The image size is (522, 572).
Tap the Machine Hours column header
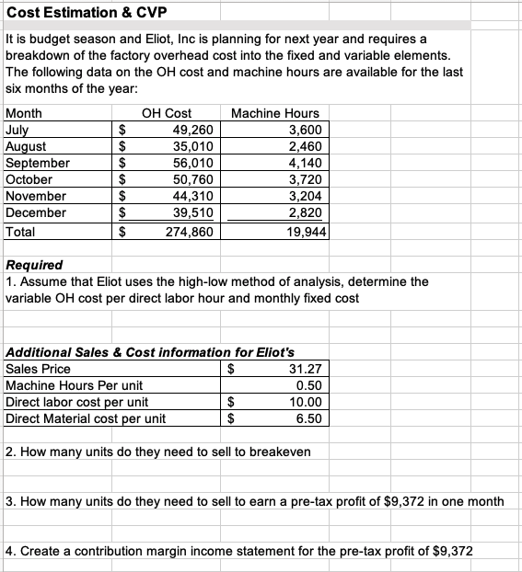tap(275, 113)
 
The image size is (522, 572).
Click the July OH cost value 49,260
tap(193, 130)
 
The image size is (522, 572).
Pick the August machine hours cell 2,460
tap(306, 146)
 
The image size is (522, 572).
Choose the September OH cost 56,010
tap(193, 163)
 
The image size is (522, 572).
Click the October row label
tap(29, 179)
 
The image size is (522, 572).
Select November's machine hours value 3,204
tap(306, 196)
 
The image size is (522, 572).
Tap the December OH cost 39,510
tap(193, 212)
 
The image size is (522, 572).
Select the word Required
tap(34, 265)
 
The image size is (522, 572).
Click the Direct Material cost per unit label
tap(86, 418)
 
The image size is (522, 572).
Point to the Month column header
tap(23, 113)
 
